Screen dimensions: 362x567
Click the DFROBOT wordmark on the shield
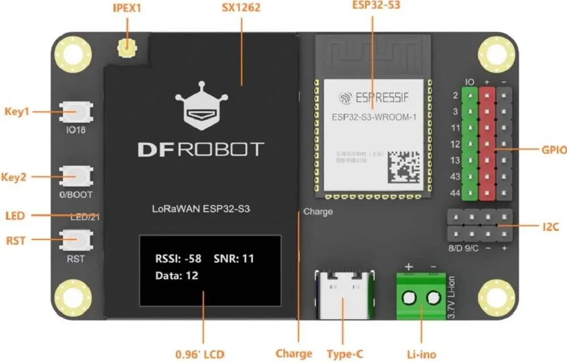(x=200, y=149)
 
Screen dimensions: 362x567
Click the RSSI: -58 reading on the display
(x=178, y=259)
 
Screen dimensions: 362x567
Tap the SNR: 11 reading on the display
(x=234, y=259)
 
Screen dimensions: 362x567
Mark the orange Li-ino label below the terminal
(x=421, y=354)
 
